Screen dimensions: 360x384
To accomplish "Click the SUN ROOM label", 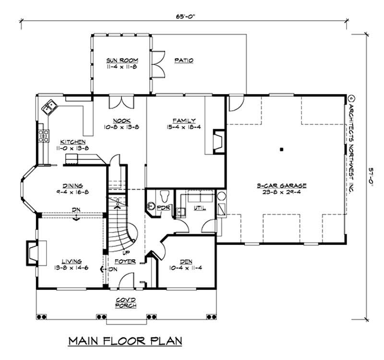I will (122, 60).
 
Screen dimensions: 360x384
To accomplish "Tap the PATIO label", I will (184, 60).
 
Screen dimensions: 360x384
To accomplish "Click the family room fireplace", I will (218, 141).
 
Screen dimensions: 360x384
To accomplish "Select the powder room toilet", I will (164, 196).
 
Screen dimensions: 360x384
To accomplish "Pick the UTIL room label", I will (200, 209).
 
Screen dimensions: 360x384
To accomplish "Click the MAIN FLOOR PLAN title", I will (125, 341).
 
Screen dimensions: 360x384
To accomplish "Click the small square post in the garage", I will (282, 150).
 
